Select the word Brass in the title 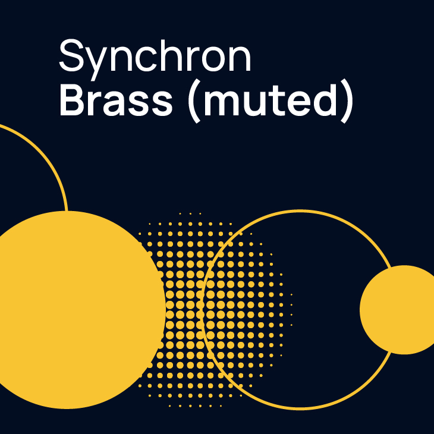[116, 99]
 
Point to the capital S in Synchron [71, 55]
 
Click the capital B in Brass [73, 99]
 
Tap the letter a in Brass [116, 103]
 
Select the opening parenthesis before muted [194, 102]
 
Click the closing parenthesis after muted [347, 102]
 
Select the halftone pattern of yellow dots [215, 310]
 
